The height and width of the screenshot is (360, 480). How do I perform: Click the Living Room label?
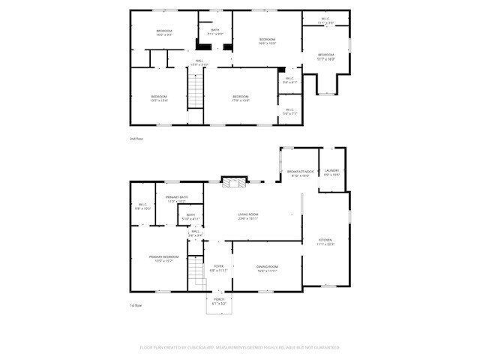248,216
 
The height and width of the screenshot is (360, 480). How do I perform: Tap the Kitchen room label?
325,241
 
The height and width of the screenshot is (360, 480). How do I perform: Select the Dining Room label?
268,268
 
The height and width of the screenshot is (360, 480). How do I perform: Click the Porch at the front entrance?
218,301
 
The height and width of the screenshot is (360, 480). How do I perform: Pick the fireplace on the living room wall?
232,181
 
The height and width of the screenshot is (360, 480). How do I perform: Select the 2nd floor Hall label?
199,63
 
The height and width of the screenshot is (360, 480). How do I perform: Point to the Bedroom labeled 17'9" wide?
240,97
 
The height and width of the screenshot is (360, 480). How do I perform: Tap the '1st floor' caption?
136,305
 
